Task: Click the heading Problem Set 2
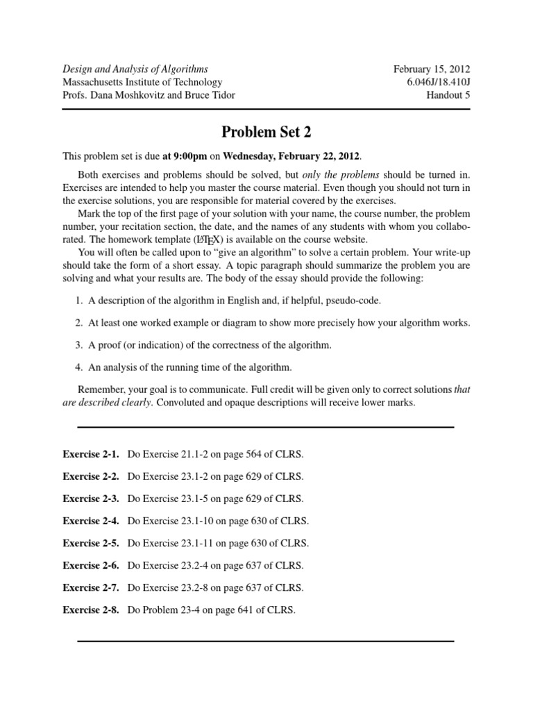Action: [x=266, y=131]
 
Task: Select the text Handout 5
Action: [x=448, y=95]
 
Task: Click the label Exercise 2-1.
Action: [x=91, y=454]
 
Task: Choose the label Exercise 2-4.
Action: [x=91, y=521]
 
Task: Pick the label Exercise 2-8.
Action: [x=91, y=610]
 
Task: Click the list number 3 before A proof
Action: [x=78, y=344]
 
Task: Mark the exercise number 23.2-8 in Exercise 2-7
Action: [x=192, y=587]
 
